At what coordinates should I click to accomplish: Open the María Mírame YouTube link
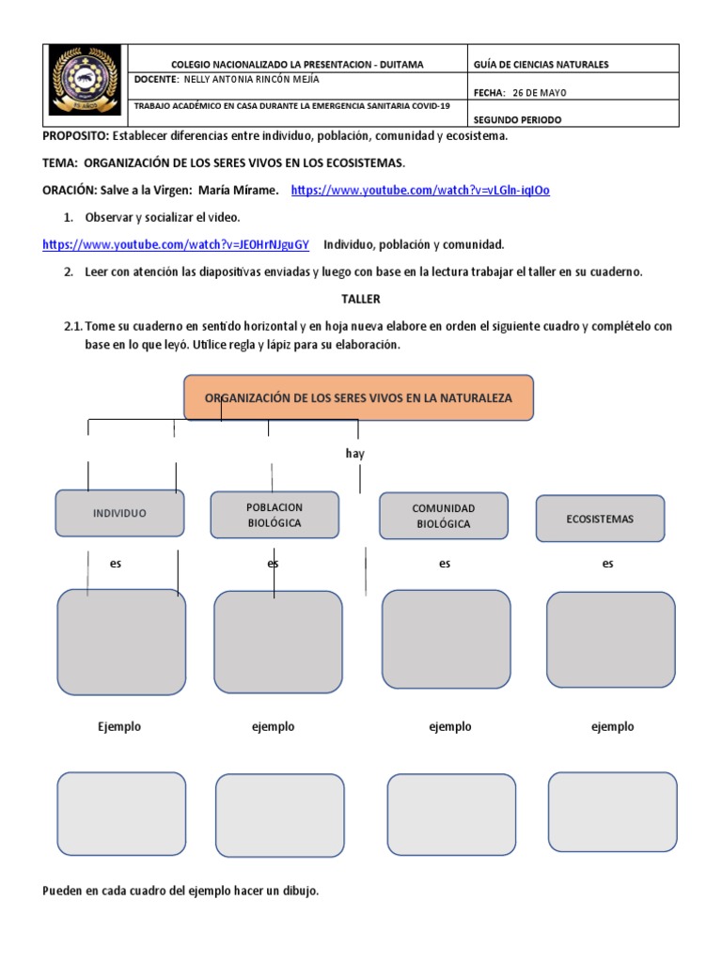[x=420, y=190]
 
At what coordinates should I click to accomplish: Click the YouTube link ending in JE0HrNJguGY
[x=176, y=245]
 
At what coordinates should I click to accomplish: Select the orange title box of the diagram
[x=357, y=397]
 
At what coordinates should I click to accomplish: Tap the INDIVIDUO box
[x=119, y=513]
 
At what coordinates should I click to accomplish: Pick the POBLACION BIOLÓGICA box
[x=275, y=515]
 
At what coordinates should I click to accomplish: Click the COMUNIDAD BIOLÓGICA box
[x=443, y=516]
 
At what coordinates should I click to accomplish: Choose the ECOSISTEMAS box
[x=600, y=519]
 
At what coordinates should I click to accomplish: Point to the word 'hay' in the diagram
[x=354, y=454]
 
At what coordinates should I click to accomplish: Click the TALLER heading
[x=361, y=299]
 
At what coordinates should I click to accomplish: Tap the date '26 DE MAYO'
[x=540, y=92]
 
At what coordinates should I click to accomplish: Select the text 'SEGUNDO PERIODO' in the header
[x=518, y=120]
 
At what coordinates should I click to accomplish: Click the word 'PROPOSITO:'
[x=76, y=136]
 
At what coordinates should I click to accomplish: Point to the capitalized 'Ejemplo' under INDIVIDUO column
[x=119, y=726]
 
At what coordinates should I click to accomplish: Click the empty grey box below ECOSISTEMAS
[x=610, y=639]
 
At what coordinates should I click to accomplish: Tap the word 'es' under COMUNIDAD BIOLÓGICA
[x=445, y=564]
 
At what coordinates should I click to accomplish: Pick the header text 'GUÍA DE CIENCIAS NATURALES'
[x=541, y=64]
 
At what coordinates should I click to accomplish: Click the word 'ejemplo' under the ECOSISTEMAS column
[x=612, y=726]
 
